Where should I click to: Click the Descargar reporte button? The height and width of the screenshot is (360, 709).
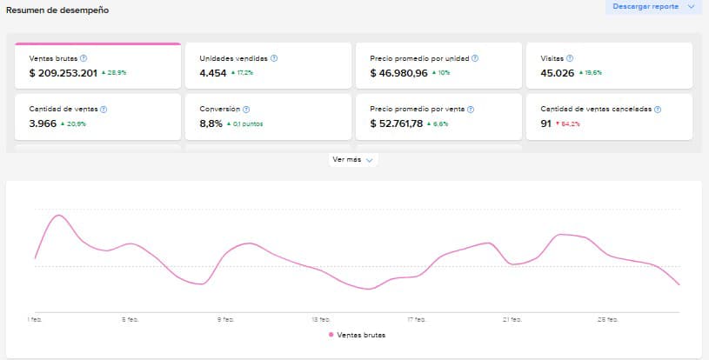[x=652, y=7]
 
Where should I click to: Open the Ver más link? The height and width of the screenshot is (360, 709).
[x=352, y=160]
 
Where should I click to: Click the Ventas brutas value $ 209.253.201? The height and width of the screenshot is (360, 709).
[x=64, y=73]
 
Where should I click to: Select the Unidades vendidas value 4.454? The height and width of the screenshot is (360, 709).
[x=212, y=73]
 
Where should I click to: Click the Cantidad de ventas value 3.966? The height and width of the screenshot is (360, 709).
[x=44, y=123]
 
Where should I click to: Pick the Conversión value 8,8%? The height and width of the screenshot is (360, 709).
[x=211, y=123]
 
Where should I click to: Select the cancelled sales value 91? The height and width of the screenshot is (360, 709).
[x=546, y=123]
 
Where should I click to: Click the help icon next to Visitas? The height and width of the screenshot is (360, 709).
[x=570, y=58]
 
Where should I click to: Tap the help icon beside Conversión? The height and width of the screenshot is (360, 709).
[x=246, y=110]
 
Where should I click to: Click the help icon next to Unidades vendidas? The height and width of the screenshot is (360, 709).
[x=274, y=58]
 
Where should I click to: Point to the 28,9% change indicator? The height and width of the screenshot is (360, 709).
[x=116, y=74]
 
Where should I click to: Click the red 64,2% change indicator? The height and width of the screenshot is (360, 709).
[x=569, y=124]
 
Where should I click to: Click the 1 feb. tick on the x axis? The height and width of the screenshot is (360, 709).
[x=36, y=319]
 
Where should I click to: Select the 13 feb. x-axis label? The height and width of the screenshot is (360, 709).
[x=322, y=319]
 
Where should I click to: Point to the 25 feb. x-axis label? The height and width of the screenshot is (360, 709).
[x=608, y=319]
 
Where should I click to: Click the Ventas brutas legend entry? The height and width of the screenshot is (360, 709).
[x=357, y=335]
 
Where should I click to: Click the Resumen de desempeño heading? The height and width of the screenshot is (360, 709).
[x=57, y=10]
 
